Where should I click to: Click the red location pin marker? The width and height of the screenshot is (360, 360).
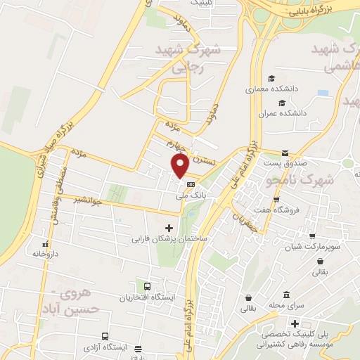click(x=180, y=166)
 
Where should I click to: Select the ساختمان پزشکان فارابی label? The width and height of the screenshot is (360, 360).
click(x=169, y=239)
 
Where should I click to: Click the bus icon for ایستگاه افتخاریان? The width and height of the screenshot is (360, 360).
click(x=147, y=287)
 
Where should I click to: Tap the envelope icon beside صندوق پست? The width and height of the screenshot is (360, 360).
click(x=285, y=153)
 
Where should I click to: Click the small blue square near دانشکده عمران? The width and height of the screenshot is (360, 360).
click(x=323, y=93)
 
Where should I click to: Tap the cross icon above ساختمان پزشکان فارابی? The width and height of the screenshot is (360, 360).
click(x=169, y=228)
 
